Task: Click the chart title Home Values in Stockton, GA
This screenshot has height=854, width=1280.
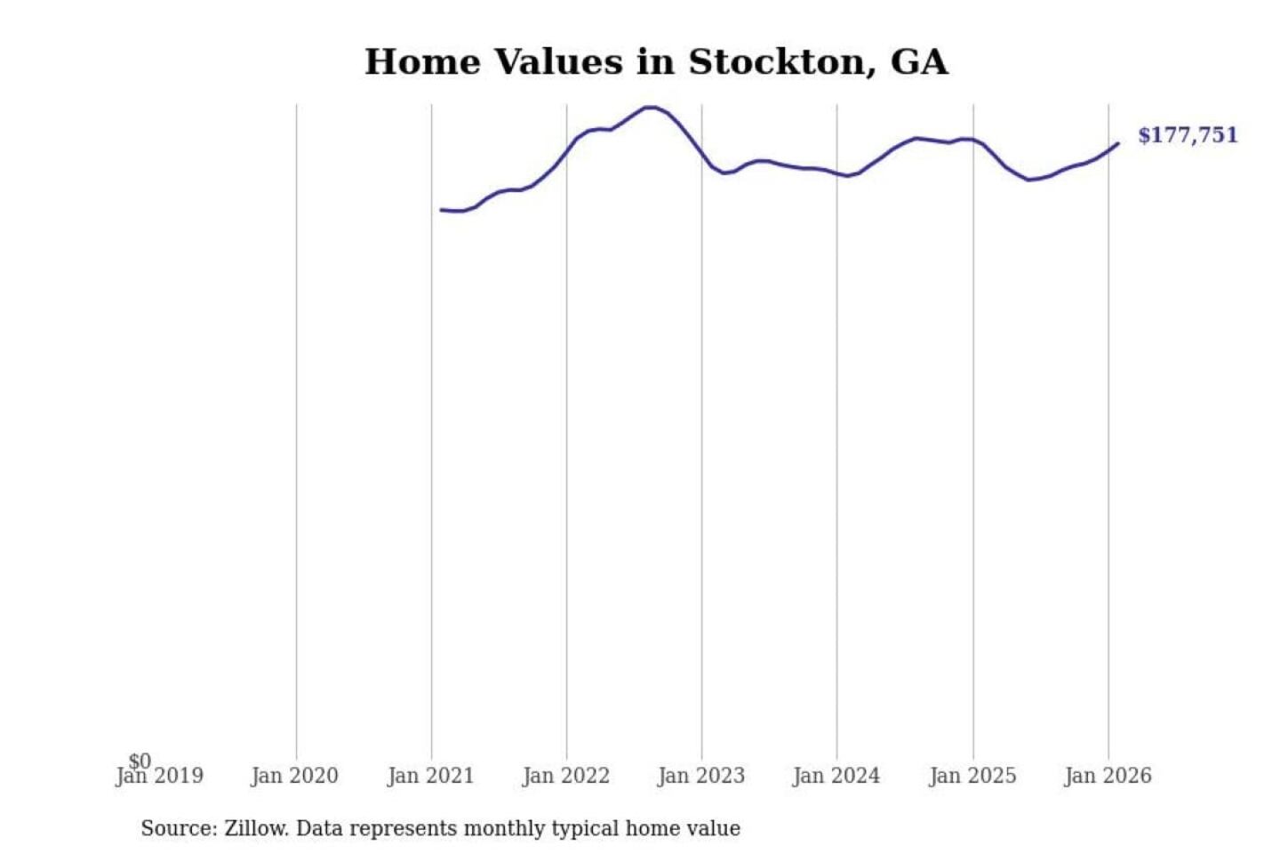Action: tap(656, 62)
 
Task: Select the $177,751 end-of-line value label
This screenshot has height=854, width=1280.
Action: tap(1188, 135)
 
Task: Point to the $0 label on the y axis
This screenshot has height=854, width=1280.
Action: tap(140, 761)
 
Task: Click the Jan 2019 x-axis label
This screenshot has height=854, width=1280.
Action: tap(160, 777)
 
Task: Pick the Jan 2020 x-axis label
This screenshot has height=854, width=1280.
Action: tap(294, 777)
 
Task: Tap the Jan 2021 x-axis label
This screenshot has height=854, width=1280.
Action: tap(430, 777)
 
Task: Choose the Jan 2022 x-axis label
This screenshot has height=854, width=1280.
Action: tap(566, 777)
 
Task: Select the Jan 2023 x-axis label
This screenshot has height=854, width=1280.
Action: tap(701, 777)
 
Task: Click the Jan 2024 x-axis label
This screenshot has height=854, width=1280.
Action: tap(836, 777)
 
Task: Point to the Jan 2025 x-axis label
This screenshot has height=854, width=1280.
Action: tap(972, 777)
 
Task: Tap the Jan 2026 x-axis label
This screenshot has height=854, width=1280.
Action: tap(1108, 777)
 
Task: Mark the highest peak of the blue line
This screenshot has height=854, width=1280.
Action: tap(650, 108)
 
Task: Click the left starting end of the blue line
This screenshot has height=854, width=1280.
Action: tap(442, 210)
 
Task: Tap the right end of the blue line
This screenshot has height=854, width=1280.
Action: tap(1117, 143)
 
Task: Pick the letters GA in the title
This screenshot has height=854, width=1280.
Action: tap(919, 62)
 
